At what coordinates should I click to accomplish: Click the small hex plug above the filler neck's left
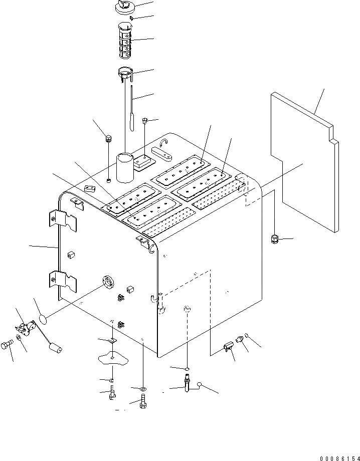[x=108, y=138]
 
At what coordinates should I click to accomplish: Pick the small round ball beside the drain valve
[x=200, y=385]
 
